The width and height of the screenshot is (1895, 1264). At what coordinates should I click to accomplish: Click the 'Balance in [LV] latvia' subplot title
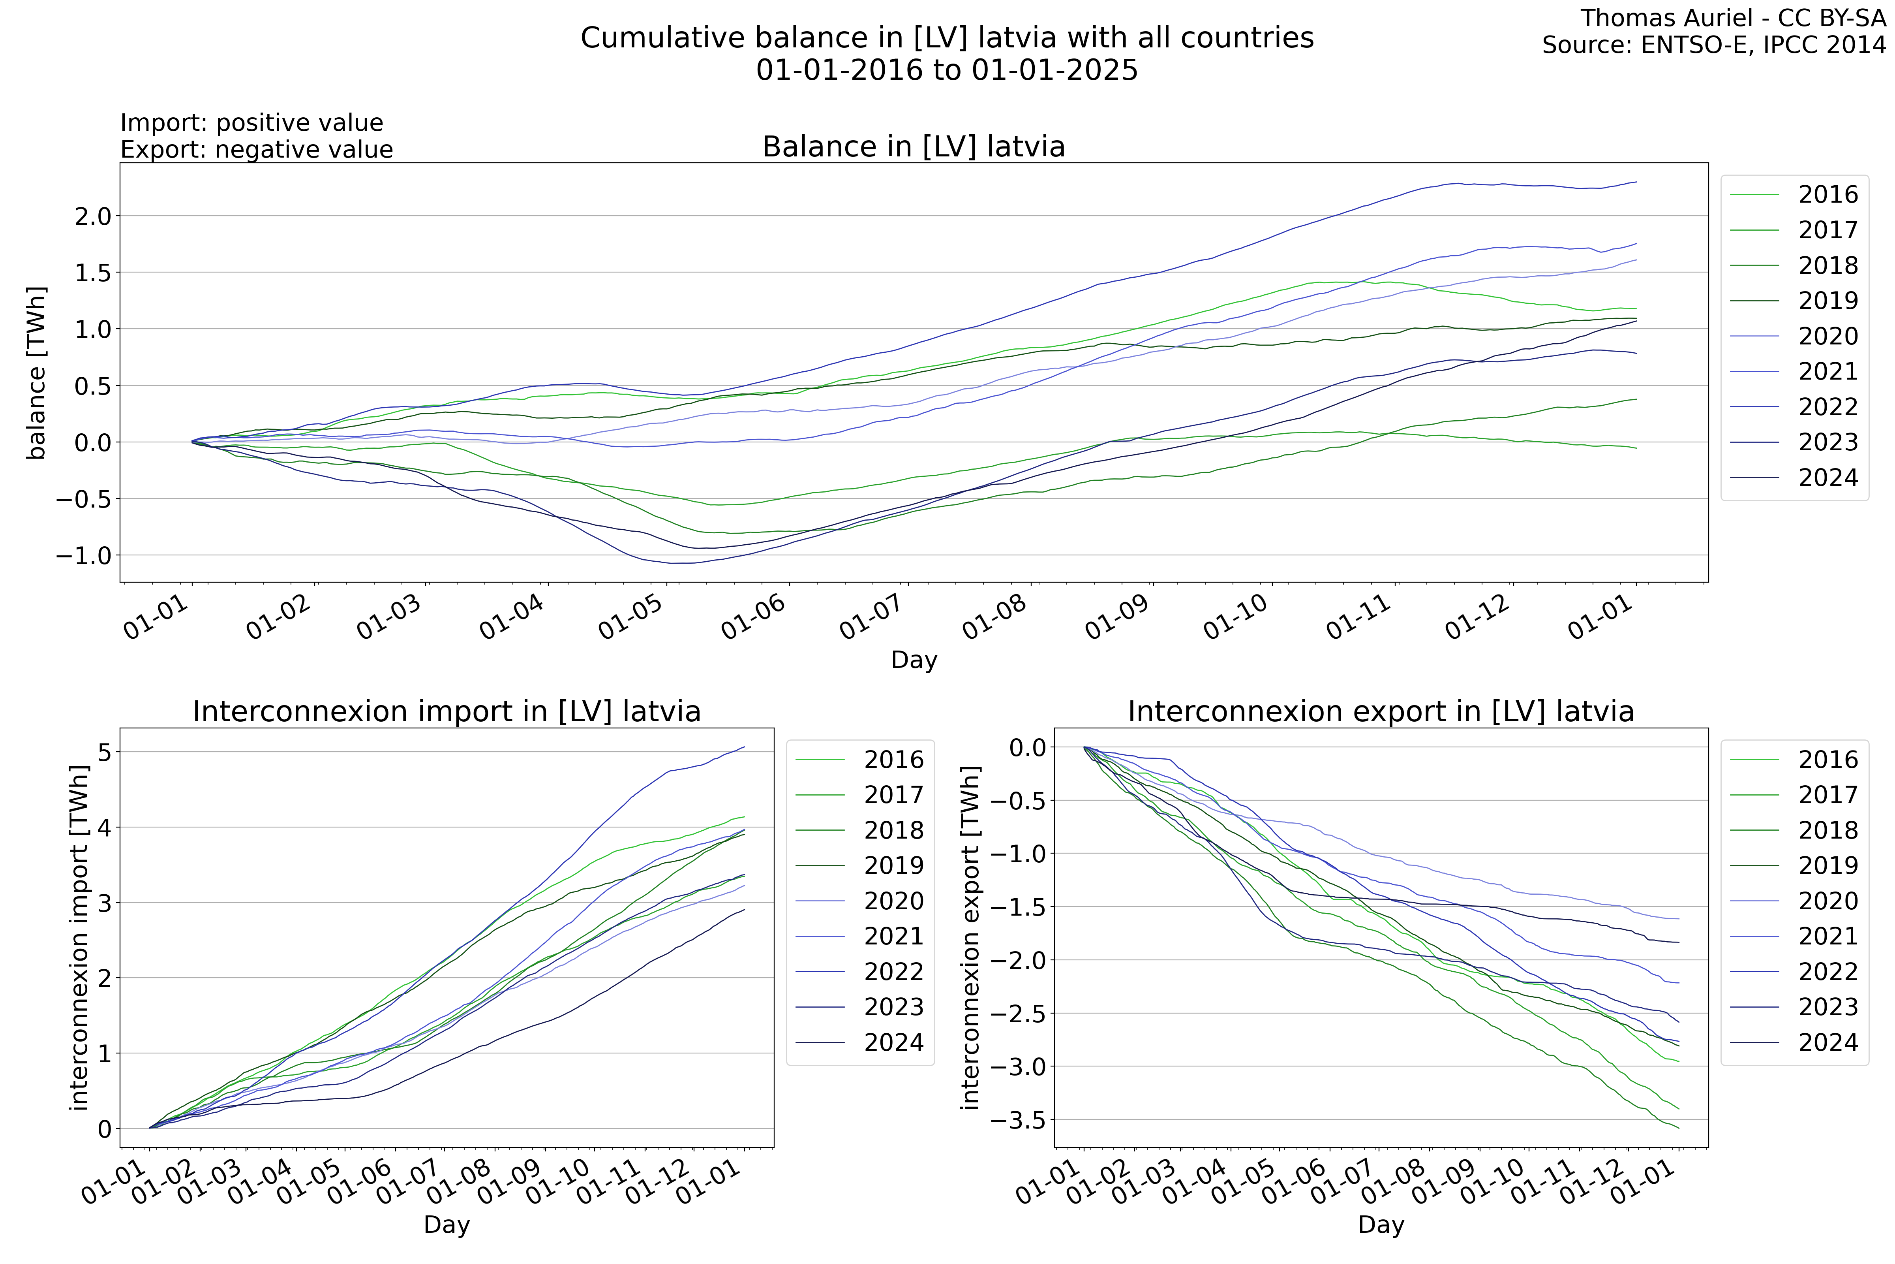pyautogui.click(x=914, y=147)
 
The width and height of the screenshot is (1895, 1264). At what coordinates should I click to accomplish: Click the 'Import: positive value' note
pyautogui.click(x=251, y=122)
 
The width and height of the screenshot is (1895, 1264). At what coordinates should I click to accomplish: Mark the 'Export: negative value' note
pyautogui.click(x=256, y=150)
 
